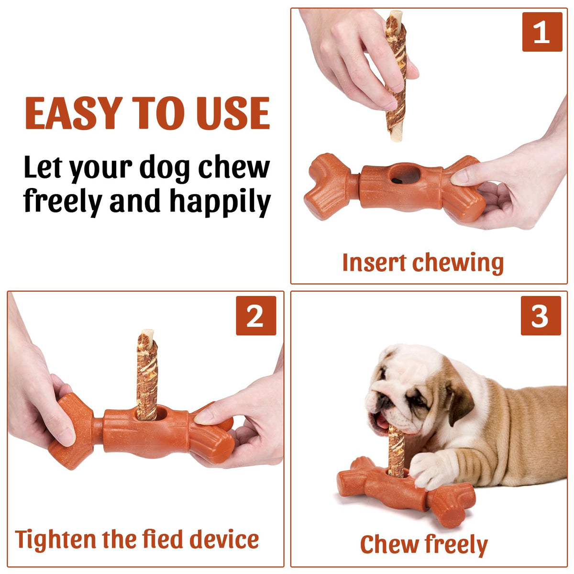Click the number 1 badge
tap(542, 32)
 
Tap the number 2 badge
tap(256, 315)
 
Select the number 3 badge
tap(541, 315)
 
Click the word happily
tap(220, 201)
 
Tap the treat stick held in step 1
tap(396, 76)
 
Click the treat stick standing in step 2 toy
tap(147, 376)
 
